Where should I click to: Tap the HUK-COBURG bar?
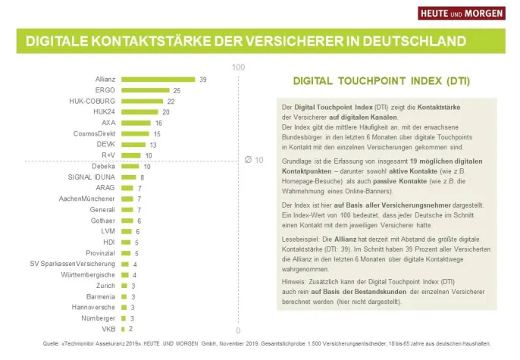[x=142, y=101]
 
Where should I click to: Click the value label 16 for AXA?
[x=158, y=123]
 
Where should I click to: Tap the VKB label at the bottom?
[x=108, y=329]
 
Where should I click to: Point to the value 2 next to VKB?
[x=130, y=329]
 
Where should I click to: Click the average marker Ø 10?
[x=254, y=161]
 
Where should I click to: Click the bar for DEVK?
[x=133, y=144]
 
